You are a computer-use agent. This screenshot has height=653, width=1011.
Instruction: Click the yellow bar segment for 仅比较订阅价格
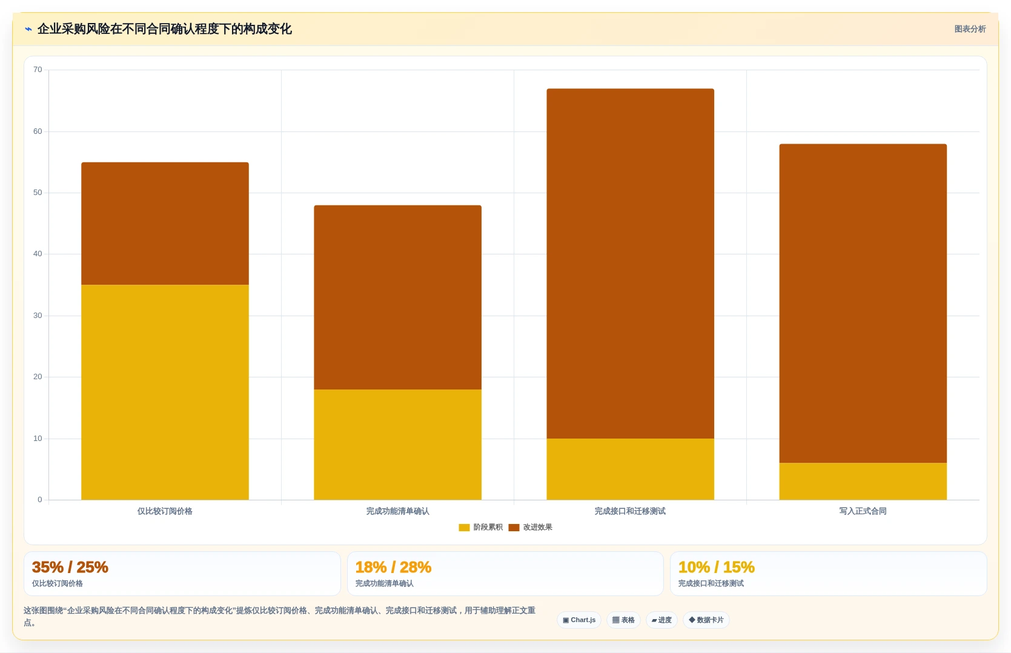coord(165,392)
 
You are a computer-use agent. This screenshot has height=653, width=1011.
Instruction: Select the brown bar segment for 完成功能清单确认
coord(397,297)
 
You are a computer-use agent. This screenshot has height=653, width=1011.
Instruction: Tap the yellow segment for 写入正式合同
coord(863,481)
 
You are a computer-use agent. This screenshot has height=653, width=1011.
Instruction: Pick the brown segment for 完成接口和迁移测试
coord(631,264)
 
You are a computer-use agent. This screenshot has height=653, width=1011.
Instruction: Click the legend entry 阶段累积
coord(480,527)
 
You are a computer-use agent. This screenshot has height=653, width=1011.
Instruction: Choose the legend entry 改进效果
coord(530,527)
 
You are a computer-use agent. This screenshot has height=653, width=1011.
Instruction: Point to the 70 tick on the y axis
coord(38,70)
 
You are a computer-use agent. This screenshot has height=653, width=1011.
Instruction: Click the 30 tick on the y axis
coord(38,316)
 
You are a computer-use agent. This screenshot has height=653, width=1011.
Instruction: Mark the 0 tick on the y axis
coord(40,500)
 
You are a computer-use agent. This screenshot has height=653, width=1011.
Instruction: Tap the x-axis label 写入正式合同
coord(863,511)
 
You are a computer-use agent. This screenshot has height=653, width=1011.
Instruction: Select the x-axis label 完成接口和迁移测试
coord(630,511)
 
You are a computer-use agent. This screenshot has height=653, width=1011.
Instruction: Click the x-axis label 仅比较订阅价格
coord(165,511)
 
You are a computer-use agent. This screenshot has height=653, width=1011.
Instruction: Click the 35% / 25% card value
coord(70,567)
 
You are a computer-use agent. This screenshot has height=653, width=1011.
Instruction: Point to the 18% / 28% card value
coord(393,567)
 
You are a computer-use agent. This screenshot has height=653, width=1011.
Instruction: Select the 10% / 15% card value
coord(716,567)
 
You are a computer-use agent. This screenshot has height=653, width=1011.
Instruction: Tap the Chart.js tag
coord(579,620)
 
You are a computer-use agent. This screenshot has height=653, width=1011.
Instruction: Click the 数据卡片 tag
coord(706,620)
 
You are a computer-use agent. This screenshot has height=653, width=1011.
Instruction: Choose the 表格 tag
coord(623,620)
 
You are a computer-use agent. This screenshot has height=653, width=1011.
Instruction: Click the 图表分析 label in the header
coord(970,29)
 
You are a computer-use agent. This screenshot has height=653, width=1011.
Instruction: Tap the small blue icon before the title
coord(28,29)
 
